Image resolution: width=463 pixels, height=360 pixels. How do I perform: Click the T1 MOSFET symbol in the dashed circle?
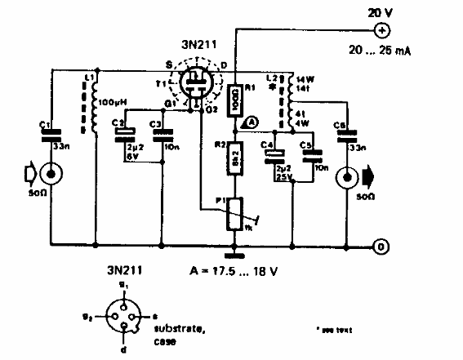[198, 85]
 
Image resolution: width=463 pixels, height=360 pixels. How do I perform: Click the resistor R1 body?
[236, 100]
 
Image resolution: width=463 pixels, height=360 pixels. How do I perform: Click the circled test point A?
[251, 121]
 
